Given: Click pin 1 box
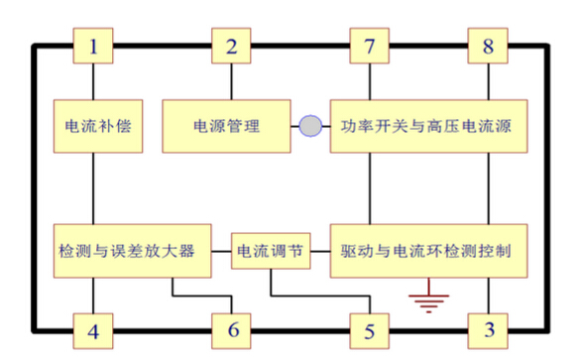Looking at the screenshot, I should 93,46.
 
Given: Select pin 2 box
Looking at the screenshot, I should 232,46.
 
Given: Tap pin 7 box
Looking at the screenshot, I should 370,46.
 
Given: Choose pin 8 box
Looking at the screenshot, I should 488,46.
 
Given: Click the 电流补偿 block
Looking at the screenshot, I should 93,126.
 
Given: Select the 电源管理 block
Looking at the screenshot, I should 227,126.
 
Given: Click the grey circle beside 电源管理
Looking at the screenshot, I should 311,126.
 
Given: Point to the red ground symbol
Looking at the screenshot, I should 427,298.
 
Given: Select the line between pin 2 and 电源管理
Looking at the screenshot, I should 232,81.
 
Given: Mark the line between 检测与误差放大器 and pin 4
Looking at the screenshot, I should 93,293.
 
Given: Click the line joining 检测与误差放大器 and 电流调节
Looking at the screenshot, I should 221,251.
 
